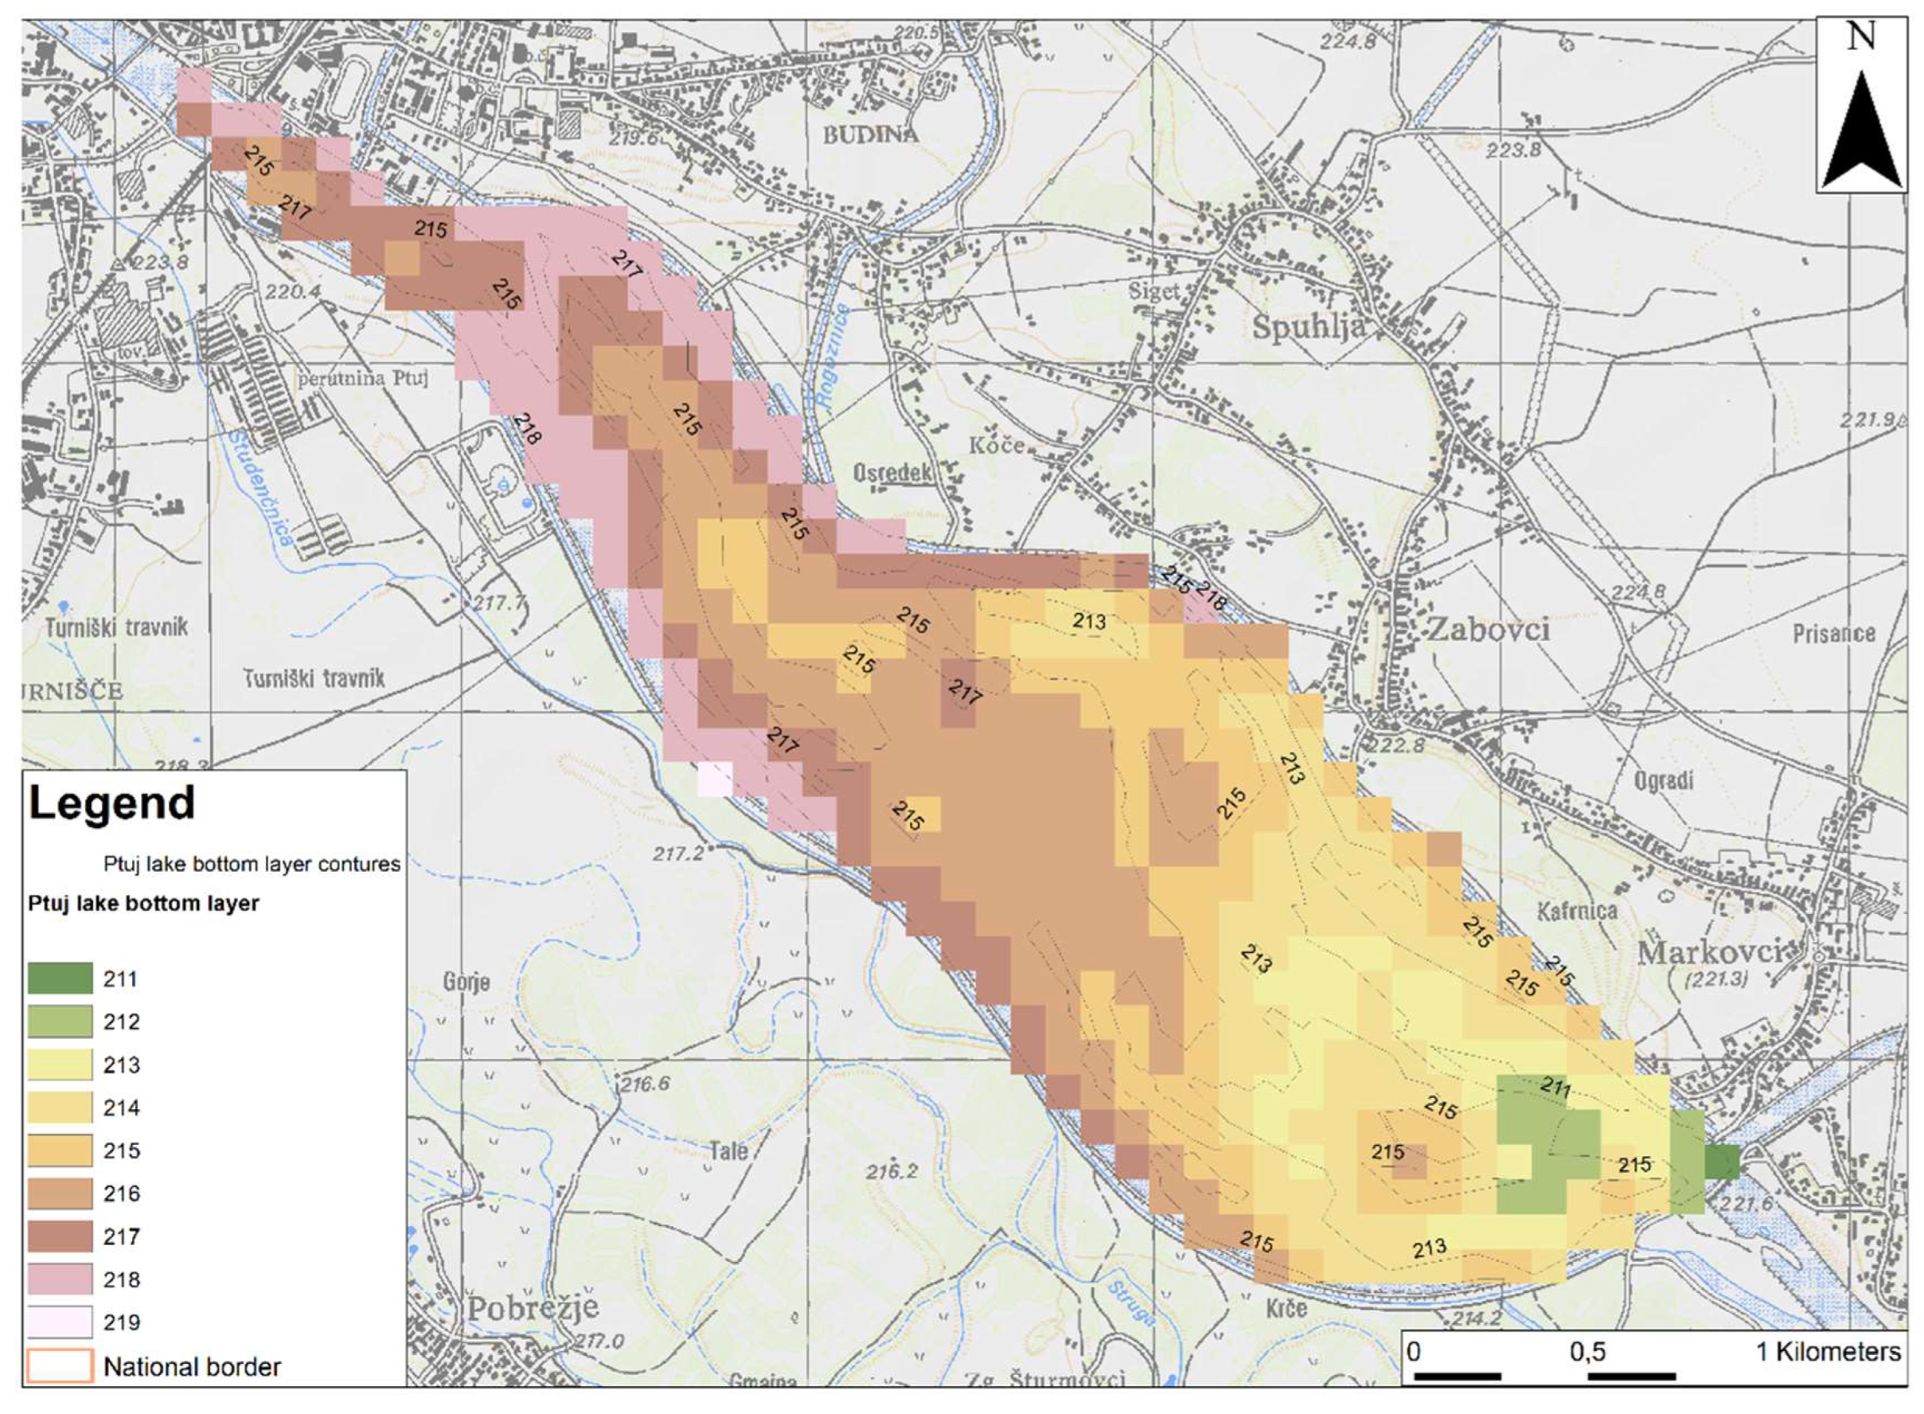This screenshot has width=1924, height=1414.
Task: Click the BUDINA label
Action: (870, 135)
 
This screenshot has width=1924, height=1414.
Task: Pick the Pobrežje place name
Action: (533, 1309)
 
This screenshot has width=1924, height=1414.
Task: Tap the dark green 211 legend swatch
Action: (60, 978)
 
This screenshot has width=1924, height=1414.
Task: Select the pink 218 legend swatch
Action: (60, 1279)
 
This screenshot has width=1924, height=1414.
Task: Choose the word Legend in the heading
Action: (112, 803)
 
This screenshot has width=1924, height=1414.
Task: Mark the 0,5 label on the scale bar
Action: (1586, 1353)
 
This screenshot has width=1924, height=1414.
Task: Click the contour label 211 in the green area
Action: (1555, 1088)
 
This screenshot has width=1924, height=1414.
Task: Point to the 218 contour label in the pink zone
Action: (527, 430)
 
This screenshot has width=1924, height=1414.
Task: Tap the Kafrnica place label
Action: (1576, 911)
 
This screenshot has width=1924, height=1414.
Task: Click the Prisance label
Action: (1834, 635)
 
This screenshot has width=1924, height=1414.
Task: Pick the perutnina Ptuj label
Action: (364, 378)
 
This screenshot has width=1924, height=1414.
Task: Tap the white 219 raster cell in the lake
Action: (716, 779)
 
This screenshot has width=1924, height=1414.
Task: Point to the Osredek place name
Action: (892, 472)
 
